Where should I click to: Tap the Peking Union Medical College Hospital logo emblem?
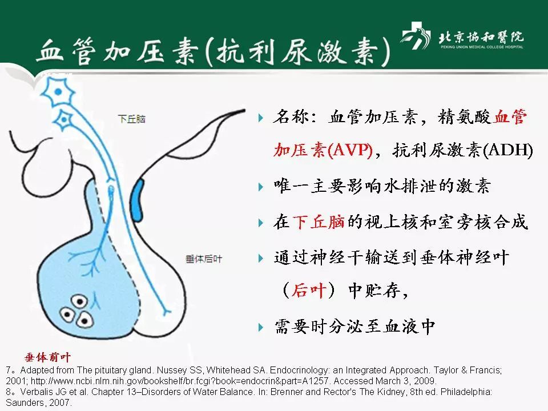click(x=417, y=38)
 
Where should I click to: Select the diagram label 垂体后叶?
click(x=204, y=259)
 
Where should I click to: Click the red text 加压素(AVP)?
click(x=323, y=150)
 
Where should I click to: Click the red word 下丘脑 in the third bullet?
click(x=319, y=222)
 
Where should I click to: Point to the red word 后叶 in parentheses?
click(x=308, y=291)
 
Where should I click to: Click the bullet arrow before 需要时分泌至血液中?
click(x=261, y=327)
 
